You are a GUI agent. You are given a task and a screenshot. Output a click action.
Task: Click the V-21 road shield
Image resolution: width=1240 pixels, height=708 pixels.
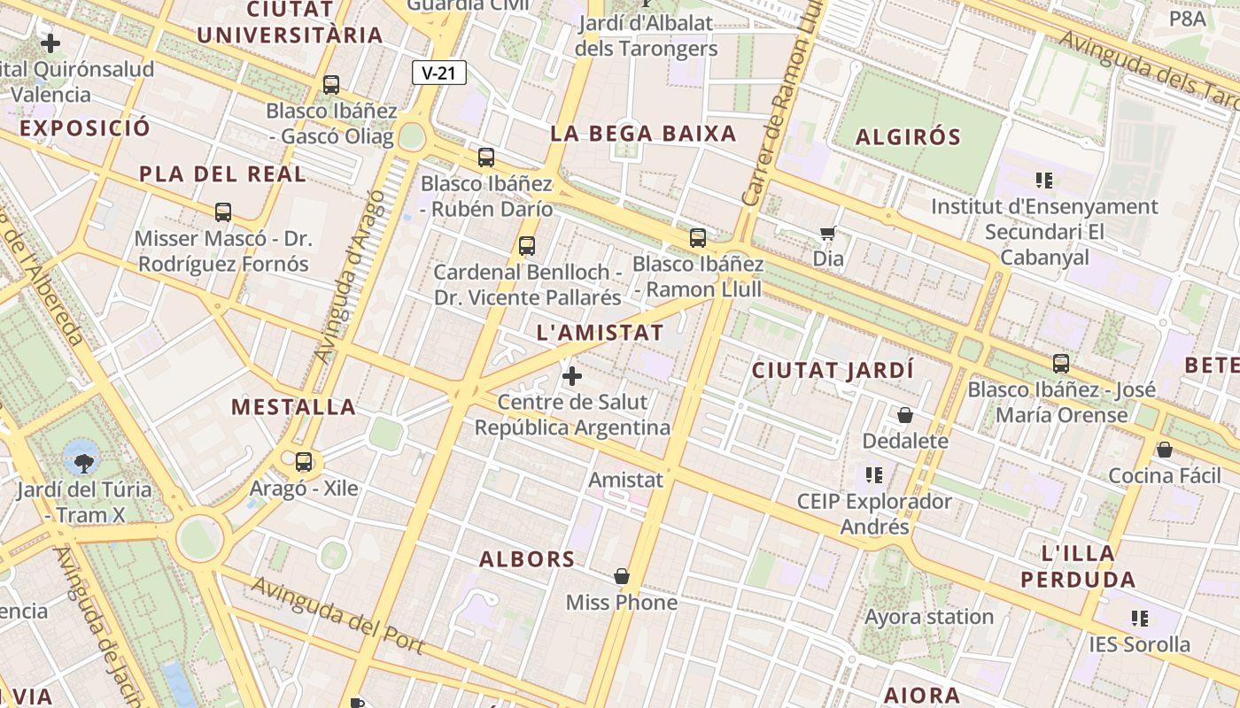pyautogui.click(x=438, y=73)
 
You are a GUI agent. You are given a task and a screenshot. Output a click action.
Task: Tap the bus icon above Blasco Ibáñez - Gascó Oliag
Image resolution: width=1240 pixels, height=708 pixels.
pyautogui.click(x=331, y=85)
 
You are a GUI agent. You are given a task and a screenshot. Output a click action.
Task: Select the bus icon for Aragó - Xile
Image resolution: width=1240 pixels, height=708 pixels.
pyautogui.click(x=304, y=462)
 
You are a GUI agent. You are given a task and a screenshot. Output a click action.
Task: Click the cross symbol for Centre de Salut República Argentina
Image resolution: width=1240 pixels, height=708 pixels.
pyautogui.click(x=572, y=376)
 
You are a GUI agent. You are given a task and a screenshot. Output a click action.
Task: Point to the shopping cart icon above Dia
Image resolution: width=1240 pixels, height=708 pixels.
pyautogui.click(x=828, y=234)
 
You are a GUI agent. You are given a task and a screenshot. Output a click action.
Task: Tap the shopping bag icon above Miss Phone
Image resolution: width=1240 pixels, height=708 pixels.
pyautogui.click(x=622, y=577)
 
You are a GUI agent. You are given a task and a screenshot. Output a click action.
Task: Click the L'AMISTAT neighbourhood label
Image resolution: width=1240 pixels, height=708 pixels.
pyautogui.click(x=601, y=333)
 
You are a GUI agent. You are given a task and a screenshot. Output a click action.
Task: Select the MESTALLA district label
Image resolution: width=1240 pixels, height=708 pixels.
pyautogui.click(x=294, y=407)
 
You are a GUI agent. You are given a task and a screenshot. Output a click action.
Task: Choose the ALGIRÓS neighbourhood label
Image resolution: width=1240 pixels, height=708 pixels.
pyautogui.click(x=908, y=137)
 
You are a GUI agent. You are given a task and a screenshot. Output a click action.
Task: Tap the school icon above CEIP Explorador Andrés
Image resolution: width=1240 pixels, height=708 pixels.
pyautogui.click(x=874, y=475)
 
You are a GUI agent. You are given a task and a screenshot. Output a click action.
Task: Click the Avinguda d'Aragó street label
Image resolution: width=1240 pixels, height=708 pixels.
pyautogui.click(x=352, y=276)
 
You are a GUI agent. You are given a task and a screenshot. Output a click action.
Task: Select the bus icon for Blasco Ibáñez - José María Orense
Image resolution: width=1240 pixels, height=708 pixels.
pyautogui.click(x=1061, y=363)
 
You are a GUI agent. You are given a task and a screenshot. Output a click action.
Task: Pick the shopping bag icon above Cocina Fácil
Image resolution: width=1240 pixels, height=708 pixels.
pyautogui.click(x=1165, y=450)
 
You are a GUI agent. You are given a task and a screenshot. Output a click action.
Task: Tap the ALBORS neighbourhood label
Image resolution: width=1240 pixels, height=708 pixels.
pyautogui.click(x=527, y=559)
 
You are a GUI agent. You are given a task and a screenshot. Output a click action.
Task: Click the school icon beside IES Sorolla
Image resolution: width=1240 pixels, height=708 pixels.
pyautogui.click(x=1139, y=618)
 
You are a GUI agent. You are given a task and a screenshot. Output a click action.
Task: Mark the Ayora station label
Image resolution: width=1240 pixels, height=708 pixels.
pyautogui.click(x=929, y=617)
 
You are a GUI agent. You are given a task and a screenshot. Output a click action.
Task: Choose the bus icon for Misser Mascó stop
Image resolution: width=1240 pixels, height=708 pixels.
pyautogui.click(x=223, y=212)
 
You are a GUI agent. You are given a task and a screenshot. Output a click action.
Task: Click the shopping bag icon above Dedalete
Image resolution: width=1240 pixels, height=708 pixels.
pyautogui.click(x=905, y=415)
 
